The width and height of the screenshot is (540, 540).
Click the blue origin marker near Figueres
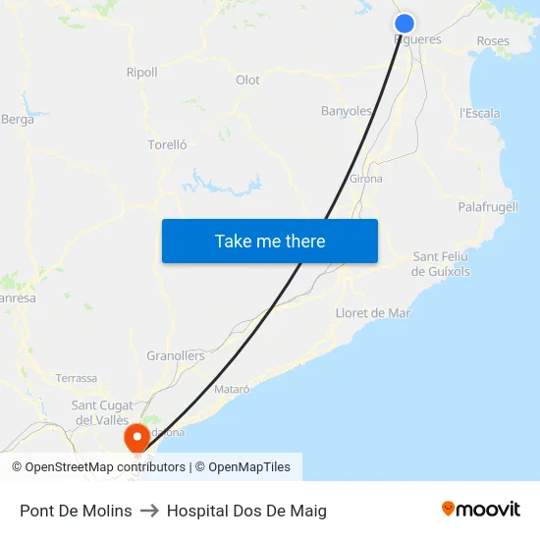coord(404,24)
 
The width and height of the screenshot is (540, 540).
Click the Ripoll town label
coord(141,73)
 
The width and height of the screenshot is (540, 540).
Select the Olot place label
coord(247,81)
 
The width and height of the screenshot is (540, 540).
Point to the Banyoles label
coord(347,111)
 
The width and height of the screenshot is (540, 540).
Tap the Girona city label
coord(365,180)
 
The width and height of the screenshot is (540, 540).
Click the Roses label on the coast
coord(492,41)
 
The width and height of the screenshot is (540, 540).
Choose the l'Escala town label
coord(479,113)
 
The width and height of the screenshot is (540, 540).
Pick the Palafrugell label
coord(488,207)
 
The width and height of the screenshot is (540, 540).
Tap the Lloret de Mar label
coord(373,313)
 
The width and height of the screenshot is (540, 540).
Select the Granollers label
coord(175,355)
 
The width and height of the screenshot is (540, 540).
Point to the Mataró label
coord(232,389)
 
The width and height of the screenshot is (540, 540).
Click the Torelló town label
coord(167,145)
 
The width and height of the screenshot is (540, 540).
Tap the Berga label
coord(18,120)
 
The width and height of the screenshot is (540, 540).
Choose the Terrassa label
coord(77,378)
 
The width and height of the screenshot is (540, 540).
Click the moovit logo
coord(480,510)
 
